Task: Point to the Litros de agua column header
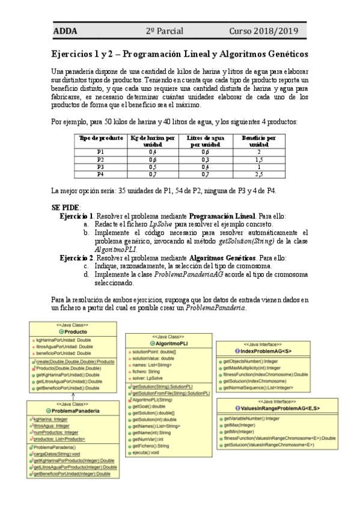pyautogui.click(x=206, y=141)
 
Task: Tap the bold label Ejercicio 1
pyautogui.click(x=76, y=215)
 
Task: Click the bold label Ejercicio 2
pyautogui.click(x=76, y=257)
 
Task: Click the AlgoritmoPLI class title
pyautogui.click(x=170, y=343)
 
